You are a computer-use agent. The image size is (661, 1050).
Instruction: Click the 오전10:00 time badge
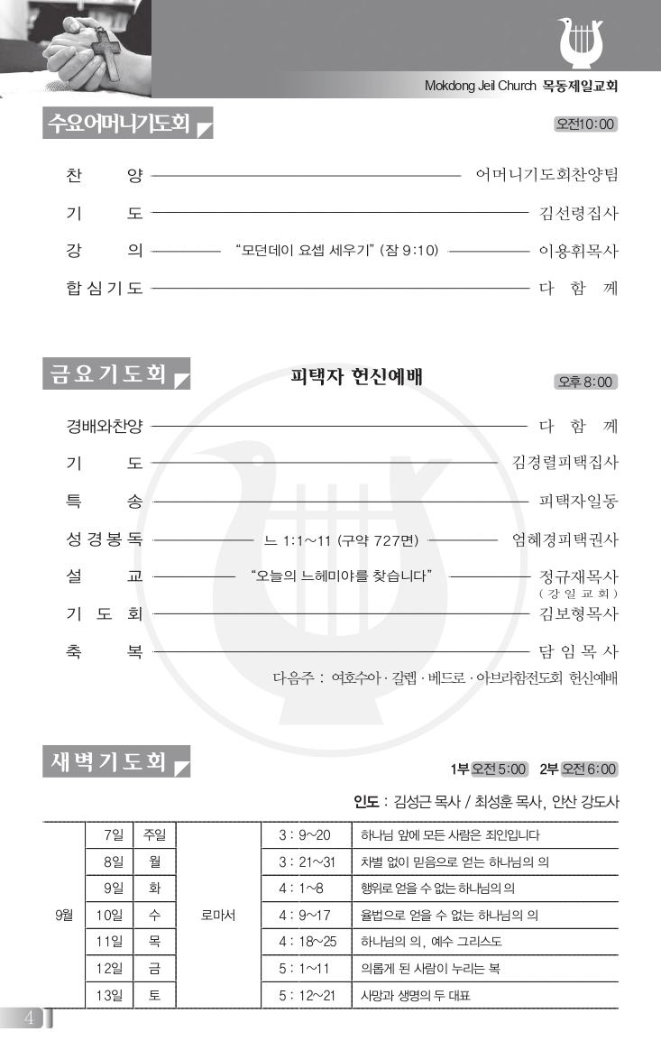point(586,124)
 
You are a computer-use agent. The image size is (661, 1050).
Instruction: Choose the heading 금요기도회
point(106,374)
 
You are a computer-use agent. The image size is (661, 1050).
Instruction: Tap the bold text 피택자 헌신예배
point(356,376)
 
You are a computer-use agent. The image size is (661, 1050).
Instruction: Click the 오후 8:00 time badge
point(586,382)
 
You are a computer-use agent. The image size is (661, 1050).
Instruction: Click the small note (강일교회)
point(578,594)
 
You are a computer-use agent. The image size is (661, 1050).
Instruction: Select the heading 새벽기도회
point(106,762)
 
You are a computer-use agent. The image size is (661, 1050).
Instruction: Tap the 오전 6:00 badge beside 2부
point(590,769)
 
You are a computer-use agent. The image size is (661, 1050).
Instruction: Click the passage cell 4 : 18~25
point(307,942)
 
